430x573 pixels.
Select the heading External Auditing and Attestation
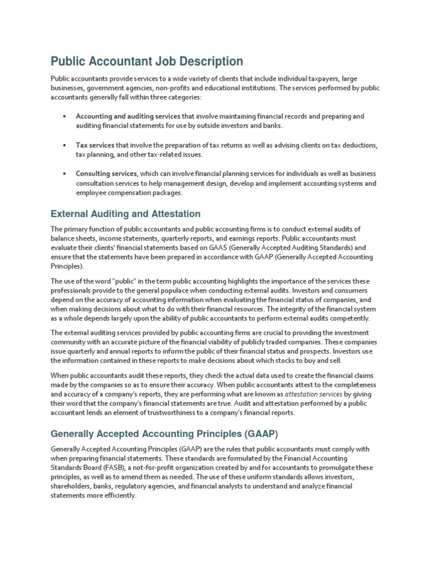tap(125, 214)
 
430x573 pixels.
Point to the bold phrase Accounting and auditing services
tap(120, 116)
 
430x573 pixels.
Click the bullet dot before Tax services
tap(64, 145)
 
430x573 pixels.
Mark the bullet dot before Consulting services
tap(64, 174)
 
